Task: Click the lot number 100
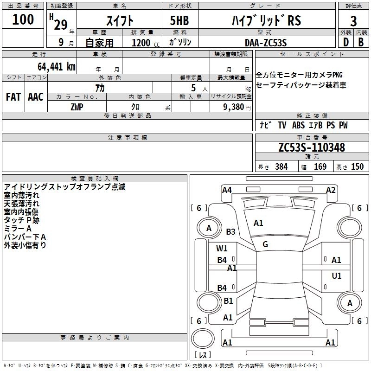23,19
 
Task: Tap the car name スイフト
121,21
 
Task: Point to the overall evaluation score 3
353,21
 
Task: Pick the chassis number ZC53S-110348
312,147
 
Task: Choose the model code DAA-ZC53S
266,43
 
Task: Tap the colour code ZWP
77,106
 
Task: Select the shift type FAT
13,97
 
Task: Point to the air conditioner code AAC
35,97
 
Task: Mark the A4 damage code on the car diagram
227,190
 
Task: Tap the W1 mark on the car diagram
222,248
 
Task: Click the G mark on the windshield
265,244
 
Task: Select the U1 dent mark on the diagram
337,276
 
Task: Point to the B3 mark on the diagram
230,231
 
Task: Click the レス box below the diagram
203,355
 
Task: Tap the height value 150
357,167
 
